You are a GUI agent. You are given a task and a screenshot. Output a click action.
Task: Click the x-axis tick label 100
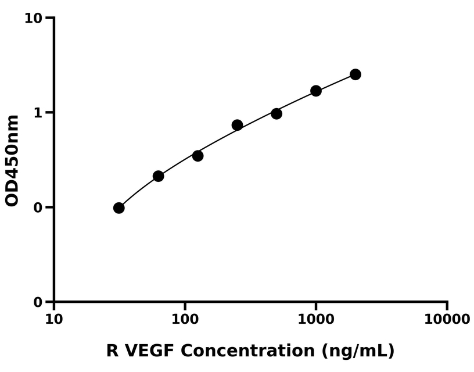coord(185,320)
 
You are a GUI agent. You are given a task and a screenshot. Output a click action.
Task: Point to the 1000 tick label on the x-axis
coord(315,320)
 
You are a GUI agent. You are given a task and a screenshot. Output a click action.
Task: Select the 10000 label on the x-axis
coord(446,320)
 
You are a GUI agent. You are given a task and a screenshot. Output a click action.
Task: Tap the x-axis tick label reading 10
coord(54,320)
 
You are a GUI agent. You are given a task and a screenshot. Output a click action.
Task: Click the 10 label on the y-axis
coord(33,19)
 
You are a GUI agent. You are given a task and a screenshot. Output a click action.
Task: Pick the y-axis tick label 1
coord(38,113)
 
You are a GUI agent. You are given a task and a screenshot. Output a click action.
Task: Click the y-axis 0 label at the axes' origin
coord(38,302)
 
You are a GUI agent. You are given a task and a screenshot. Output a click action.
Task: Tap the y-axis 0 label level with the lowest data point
coord(38,208)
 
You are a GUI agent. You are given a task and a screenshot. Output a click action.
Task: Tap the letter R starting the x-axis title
coord(112,350)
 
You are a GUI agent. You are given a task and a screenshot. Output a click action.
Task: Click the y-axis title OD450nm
coord(12,160)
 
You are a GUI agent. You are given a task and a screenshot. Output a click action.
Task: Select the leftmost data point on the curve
coord(119,208)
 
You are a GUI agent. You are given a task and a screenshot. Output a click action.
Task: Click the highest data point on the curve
coord(355,74)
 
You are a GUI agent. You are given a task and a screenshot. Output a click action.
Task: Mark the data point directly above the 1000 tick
coord(316,91)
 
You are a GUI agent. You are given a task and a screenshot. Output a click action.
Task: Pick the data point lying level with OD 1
coord(276,113)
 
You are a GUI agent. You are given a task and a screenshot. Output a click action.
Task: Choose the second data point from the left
coord(158,176)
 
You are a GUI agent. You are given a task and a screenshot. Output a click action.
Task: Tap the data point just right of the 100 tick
coord(198,156)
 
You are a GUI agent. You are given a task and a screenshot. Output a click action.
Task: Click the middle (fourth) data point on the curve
coord(237,125)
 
